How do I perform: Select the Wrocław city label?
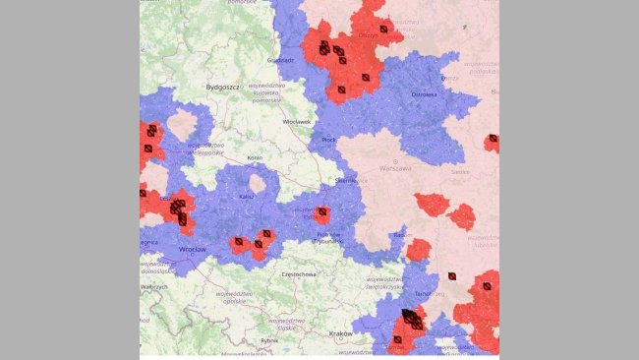192,250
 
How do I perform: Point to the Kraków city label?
340,332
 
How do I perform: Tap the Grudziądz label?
280,60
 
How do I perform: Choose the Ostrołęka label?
424,95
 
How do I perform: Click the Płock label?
329,141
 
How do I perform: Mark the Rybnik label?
269,340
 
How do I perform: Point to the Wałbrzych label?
154,286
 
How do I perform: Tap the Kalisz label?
247,197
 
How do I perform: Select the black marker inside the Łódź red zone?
321,212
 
